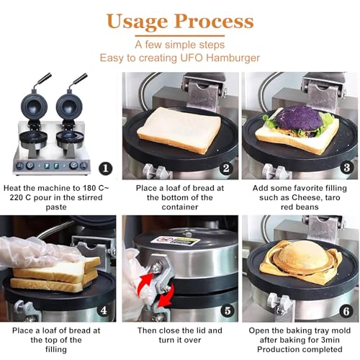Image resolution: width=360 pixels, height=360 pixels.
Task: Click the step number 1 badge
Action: pyautogui.click(x=106, y=168)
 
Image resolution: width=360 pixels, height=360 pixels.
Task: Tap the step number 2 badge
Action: pyautogui.click(x=226, y=168)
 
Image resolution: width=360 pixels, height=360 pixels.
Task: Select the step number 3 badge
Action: pyautogui.click(x=346, y=167)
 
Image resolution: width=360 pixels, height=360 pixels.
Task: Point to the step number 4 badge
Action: pyautogui.click(x=104, y=310)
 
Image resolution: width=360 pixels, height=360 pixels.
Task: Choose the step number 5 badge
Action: pyautogui.click(x=228, y=311)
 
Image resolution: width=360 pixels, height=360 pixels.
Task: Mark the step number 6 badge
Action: pyautogui.click(x=346, y=311)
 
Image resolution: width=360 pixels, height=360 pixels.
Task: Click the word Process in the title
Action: pyautogui.click(x=214, y=21)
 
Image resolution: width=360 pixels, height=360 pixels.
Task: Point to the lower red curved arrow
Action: pyautogui.click(x=166, y=297)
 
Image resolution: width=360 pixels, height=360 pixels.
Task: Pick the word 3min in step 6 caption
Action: pyautogui.click(x=330, y=340)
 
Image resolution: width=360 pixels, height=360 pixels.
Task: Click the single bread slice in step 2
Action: pyautogui.click(x=179, y=130)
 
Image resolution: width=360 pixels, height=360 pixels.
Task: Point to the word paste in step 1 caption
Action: pyautogui.click(x=56, y=207)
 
